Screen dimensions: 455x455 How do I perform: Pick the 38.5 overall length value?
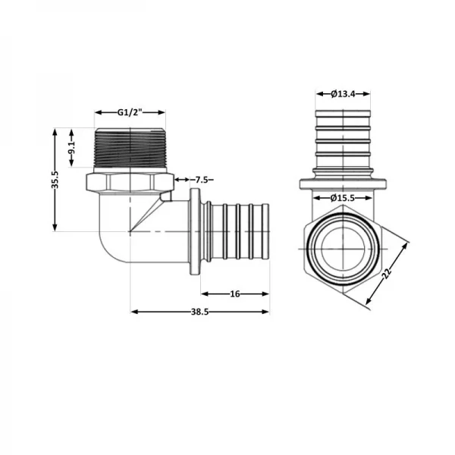(x=199, y=311)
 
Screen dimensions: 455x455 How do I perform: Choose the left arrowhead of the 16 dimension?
(x=203, y=292)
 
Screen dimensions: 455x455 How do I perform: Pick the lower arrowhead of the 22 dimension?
(x=368, y=303)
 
